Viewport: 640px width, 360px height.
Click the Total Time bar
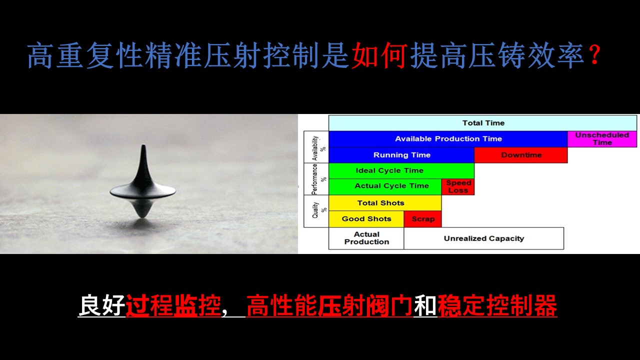tap(483, 123)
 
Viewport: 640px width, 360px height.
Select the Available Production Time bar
tap(448, 139)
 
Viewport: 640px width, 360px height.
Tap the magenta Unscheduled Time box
tap(602, 139)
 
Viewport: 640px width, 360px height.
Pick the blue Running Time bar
tap(401, 155)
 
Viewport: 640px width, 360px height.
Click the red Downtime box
tap(521, 155)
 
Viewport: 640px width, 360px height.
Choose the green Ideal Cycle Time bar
tap(401, 170)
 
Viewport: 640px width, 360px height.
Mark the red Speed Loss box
tap(458, 187)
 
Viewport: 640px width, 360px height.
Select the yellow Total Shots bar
tap(385, 203)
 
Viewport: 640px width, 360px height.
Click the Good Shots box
tap(366, 219)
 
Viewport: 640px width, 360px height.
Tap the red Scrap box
tap(423, 219)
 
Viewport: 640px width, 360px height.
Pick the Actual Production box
tap(366, 238)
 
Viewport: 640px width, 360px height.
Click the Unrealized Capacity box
tap(483, 238)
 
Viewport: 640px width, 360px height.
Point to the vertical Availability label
tap(315, 148)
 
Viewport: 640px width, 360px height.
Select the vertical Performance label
tap(315, 179)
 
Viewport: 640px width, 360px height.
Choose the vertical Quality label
tap(315, 210)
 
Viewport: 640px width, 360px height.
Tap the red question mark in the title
tap(595, 54)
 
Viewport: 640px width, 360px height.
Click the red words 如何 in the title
tap(379, 55)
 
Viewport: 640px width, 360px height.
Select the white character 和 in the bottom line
tap(425, 305)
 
